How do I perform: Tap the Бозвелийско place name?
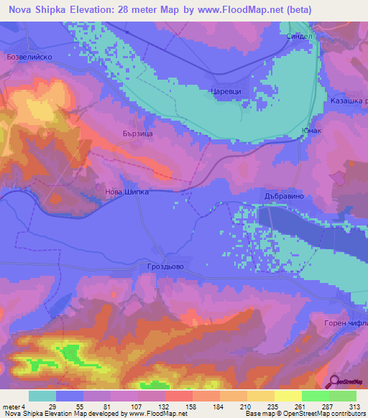(28, 55)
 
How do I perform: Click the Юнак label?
(311, 131)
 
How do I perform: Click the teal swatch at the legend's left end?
(42, 396)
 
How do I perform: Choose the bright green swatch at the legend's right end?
(342, 396)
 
